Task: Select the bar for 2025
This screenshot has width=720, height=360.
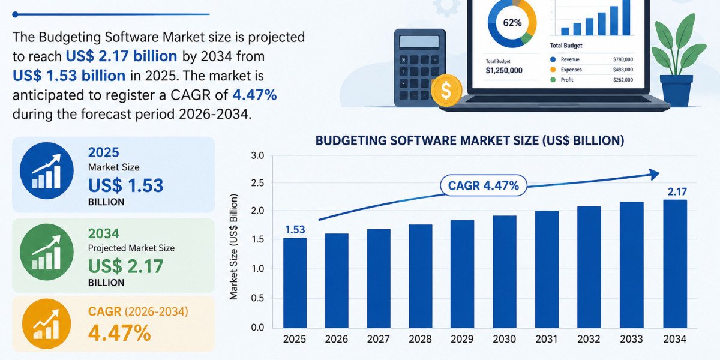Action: tap(295, 283)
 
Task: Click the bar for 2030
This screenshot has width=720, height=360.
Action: tap(505, 272)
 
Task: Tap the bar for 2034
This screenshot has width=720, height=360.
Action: tap(675, 264)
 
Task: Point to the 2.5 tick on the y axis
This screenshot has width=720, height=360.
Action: tap(257, 183)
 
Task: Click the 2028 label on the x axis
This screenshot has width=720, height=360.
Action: tap(420, 339)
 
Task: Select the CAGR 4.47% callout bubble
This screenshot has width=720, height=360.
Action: tap(484, 185)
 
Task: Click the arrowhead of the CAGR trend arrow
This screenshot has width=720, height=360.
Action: tap(653, 175)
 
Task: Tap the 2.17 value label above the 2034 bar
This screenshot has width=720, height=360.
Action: tap(677, 192)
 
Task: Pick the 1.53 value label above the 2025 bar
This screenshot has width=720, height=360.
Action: tap(295, 229)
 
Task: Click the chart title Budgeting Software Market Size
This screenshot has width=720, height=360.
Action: tap(470, 141)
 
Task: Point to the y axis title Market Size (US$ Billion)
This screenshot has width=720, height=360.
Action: tap(233, 247)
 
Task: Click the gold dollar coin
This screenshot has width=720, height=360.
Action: tap(446, 91)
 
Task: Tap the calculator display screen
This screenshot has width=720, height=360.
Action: tap(419, 42)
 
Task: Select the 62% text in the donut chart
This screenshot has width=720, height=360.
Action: tap(512, 23)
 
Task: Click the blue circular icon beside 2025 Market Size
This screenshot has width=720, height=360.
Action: tap(47, 170)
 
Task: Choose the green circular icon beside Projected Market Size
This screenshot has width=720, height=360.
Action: tap(47, 251)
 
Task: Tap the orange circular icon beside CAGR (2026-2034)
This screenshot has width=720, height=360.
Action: tap(47, 324)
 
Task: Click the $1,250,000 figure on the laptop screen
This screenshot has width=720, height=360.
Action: tap(504, 71)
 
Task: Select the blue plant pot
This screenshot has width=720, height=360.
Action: tap(676, 91)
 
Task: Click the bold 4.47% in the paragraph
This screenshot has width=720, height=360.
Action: tap(254, 95)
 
